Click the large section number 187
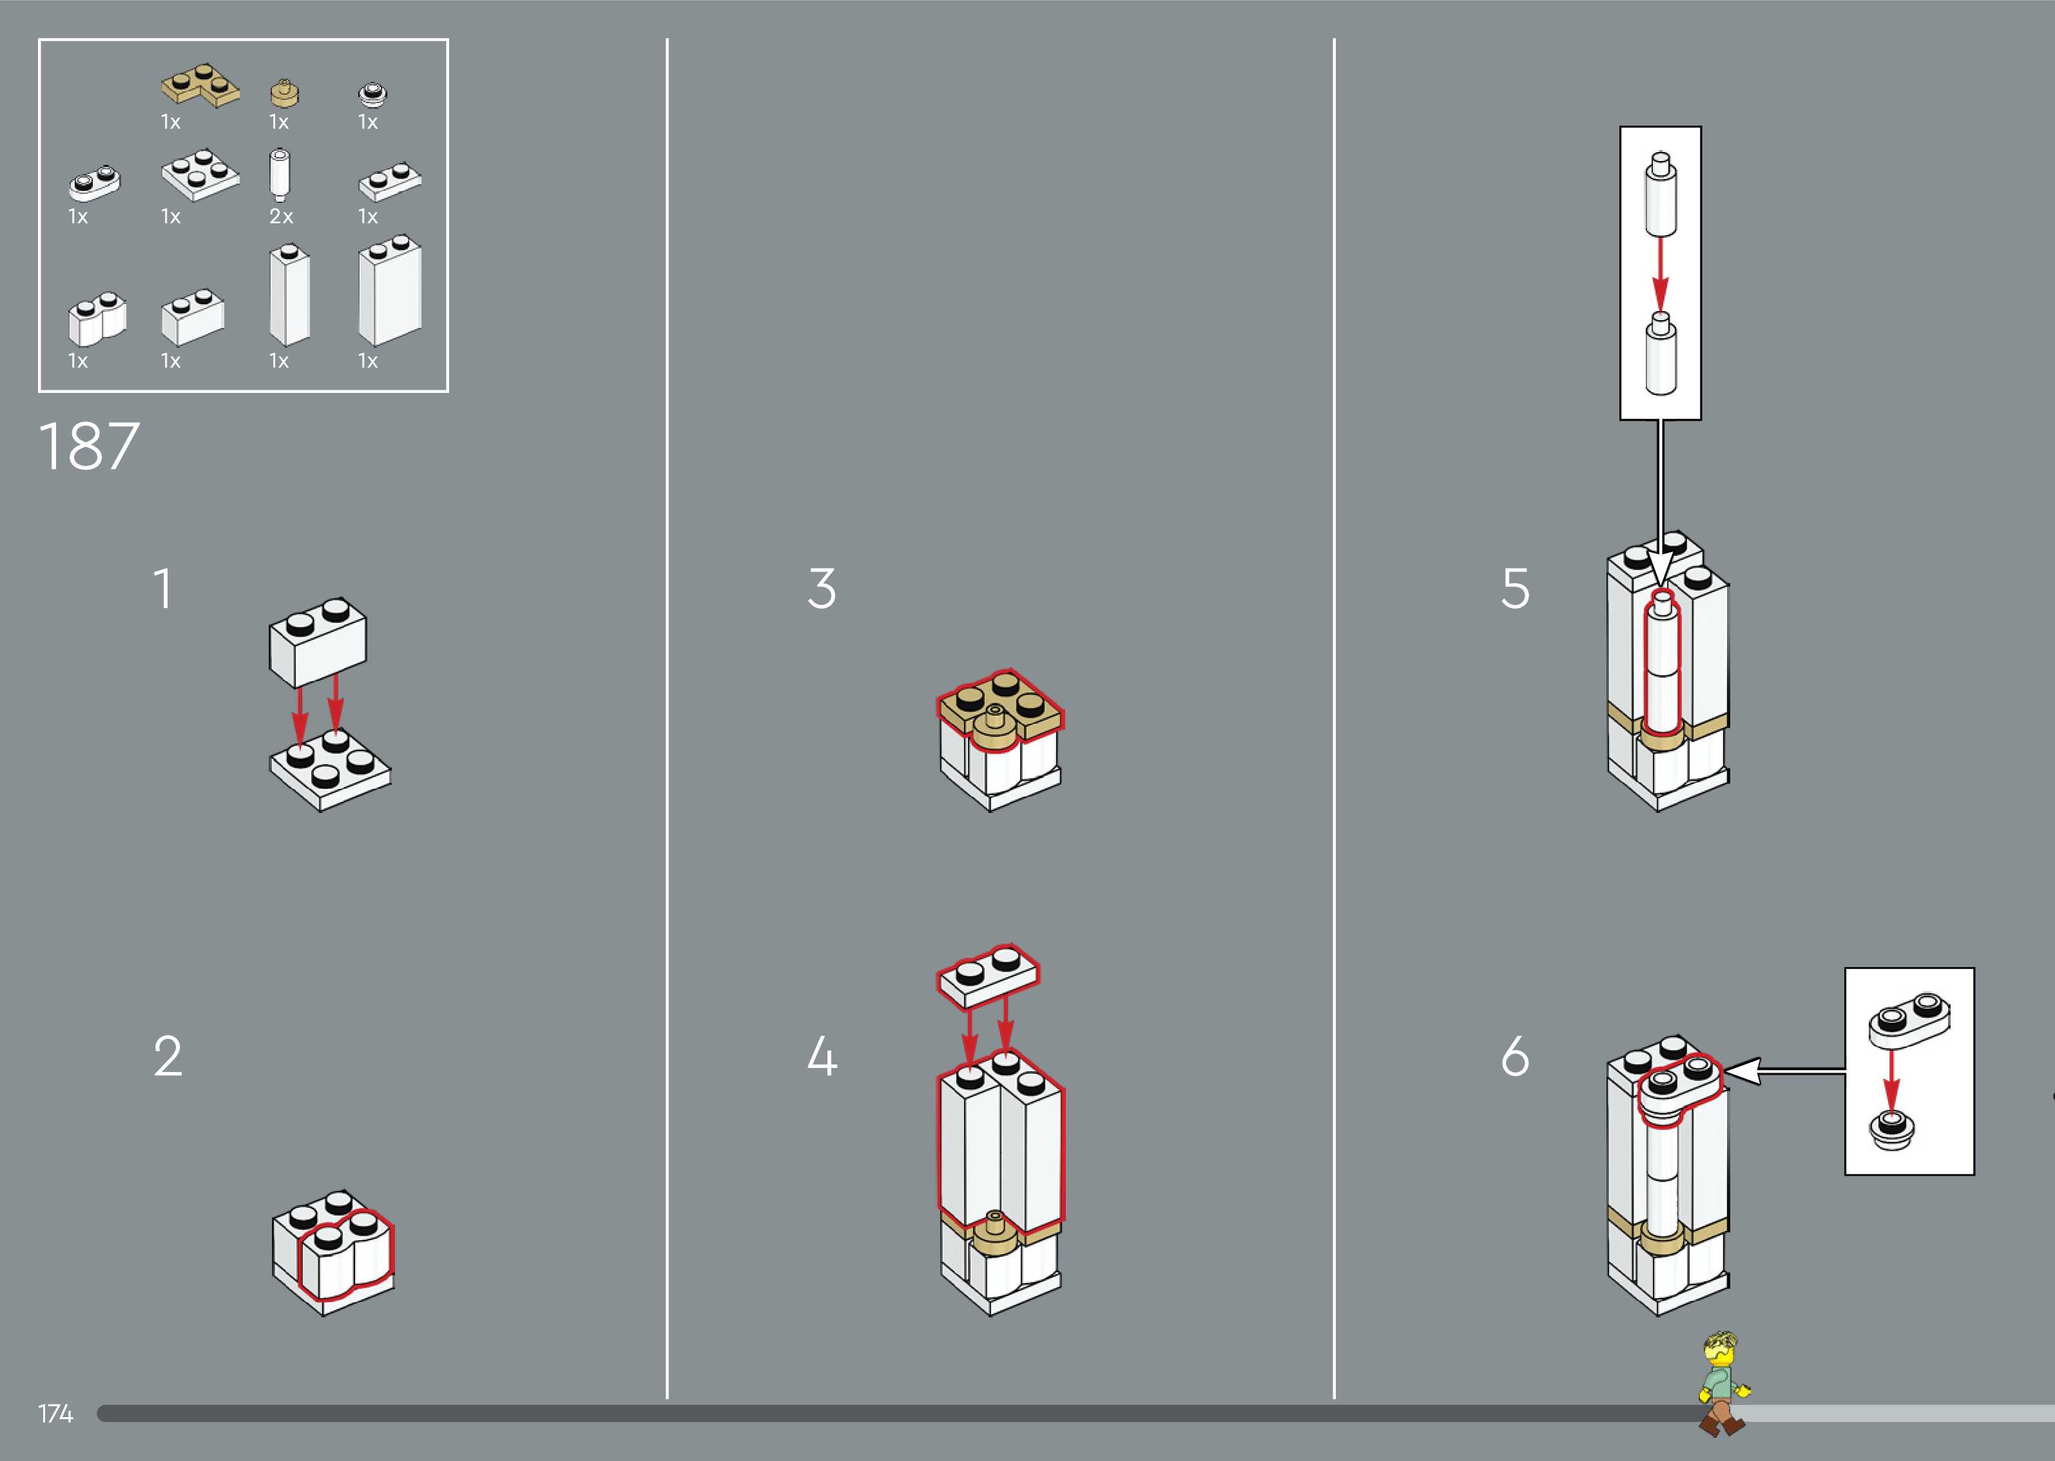point(89,446)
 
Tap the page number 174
point(55,1413)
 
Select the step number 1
point(163,589)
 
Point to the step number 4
point(822,1056)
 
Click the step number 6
point(1515,1056)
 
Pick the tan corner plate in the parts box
point(200,86)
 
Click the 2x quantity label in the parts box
point(281,217)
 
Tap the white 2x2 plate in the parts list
point(200,175)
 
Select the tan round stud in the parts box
point(284,93)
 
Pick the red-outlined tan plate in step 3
point(999,706)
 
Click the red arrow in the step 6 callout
point(1892,1078)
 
